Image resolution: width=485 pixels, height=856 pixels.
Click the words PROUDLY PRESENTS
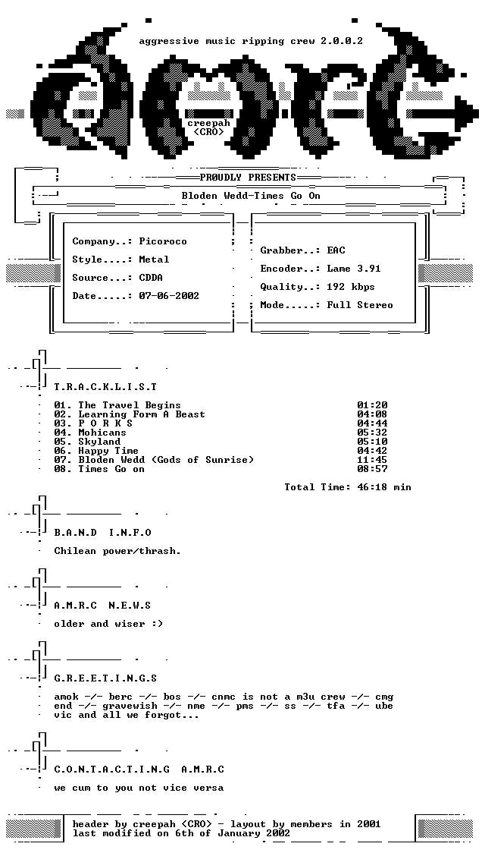click(248, 178)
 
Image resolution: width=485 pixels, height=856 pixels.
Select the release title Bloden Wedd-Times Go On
click(251, 196)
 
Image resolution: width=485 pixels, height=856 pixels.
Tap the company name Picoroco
click(163, 241)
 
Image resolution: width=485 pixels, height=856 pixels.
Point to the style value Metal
click(155, 260)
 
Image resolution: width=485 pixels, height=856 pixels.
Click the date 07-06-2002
click(169, 296)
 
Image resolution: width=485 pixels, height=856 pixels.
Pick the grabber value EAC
click(336, 250)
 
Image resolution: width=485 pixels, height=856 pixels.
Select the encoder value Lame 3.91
click(354, 269)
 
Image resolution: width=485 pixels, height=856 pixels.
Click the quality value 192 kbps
click(351, 287)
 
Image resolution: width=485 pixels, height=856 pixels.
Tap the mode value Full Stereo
click(360, 305)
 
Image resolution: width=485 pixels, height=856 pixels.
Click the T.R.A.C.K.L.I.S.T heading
click(105, 387)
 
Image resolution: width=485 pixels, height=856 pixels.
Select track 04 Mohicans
click(90, 433)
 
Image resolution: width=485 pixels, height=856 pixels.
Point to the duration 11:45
click(372, 460)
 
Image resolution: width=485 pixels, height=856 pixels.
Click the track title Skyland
click(99, 442)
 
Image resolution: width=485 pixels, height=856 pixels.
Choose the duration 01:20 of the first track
click(372, 405)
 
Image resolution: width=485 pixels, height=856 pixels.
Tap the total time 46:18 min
click(384, 487)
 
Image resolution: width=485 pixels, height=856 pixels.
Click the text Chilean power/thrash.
click(117, 551)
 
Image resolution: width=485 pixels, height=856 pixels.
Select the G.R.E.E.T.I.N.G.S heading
click(105, 678)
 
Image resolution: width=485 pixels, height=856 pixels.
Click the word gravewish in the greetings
click(130, 706)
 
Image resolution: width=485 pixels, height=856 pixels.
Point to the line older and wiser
click(108, 624)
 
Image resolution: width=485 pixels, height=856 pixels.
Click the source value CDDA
click(151, 278)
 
